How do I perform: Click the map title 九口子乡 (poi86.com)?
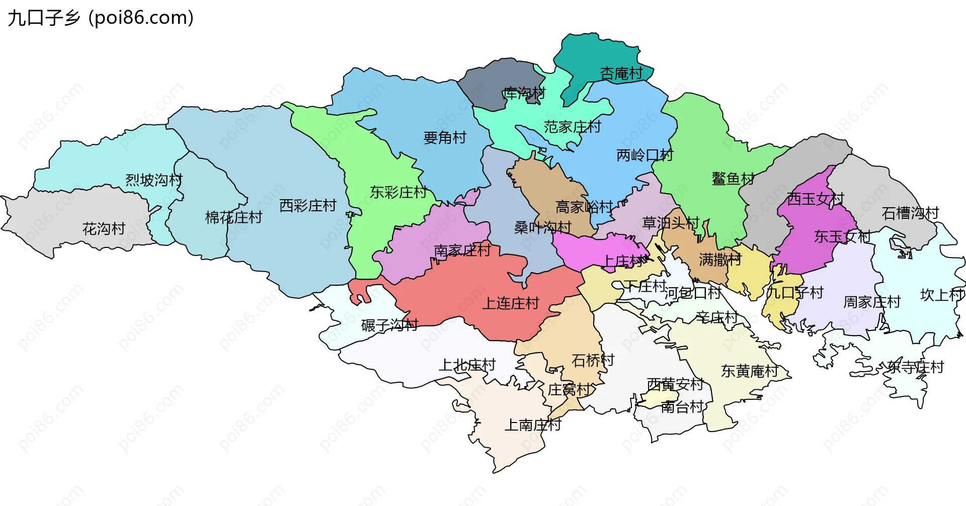[101, 18]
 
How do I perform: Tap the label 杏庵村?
[621, 74]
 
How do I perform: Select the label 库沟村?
[524, 94]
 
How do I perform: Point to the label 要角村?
[445, 137]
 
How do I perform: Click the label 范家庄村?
[572, 127]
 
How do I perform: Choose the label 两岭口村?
[645, 155]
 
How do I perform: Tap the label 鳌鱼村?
[733, 179]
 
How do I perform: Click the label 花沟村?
[104, 229]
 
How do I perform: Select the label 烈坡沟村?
[154, 180]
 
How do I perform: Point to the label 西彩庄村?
[308, 205]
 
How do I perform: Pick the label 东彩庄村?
[398, 192]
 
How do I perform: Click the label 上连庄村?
[511, 303]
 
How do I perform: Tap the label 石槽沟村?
[910, 213]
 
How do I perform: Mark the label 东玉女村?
[842, 236]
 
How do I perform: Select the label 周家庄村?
[872, 302]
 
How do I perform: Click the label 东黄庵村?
[750, 371]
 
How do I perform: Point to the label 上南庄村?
[533, 425]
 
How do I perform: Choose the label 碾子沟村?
[389, 325]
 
